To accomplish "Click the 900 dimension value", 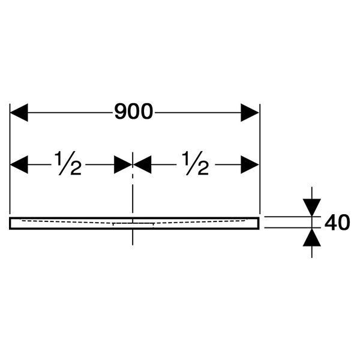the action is (x=134, y=112).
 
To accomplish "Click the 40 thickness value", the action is (x=337, y=222).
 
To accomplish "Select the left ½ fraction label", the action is (x=68, y=163).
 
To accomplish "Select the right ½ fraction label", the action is (x=196, y=163).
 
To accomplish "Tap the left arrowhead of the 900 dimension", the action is (x=19, y=113).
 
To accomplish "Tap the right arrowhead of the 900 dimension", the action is (x=250, y=113).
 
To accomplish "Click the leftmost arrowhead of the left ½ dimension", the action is (x=19, y=164).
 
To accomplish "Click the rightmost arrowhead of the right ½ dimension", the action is (x=250, y=164).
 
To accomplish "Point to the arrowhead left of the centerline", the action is (x=123, y=164).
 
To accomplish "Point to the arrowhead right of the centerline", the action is (x=142, y=164).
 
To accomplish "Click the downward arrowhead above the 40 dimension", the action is (x=311, y=208).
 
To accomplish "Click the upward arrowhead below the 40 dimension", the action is (x=311, y=238).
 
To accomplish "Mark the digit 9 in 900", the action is (x=121, y=112).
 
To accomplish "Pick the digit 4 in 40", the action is (x=331, y=222).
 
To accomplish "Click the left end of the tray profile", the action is (x=9, y=223).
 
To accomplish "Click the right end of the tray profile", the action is (x=259, y=223).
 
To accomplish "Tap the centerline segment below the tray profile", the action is (x=133, y=237).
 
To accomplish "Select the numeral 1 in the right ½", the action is (x=185, y=157).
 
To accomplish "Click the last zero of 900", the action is (x=146, y=112).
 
